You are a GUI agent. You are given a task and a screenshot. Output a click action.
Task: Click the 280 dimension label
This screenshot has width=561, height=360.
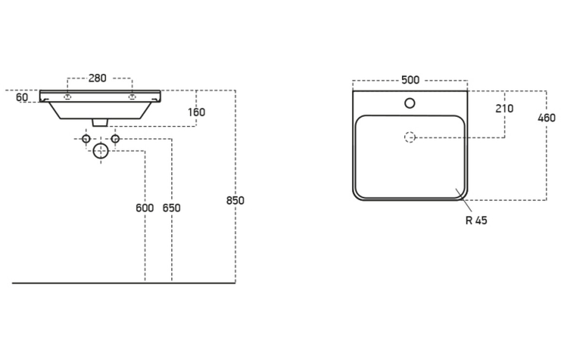tap(97, 78)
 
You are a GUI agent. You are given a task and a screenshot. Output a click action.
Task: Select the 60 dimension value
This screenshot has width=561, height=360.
tap(22, 97)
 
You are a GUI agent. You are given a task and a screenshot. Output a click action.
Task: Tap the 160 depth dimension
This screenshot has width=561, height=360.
tap(197, 112)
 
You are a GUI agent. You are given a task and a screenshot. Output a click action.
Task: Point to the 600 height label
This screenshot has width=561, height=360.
tap(145, 208)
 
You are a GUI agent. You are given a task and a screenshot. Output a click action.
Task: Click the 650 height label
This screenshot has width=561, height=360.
tap(171, 208)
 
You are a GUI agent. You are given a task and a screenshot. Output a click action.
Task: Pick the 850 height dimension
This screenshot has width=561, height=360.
tap(235, 200)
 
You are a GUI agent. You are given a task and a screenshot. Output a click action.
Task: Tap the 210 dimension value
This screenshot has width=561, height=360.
tap(504, 109)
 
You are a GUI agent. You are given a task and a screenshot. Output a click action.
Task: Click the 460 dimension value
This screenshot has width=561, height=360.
tap(546, 118)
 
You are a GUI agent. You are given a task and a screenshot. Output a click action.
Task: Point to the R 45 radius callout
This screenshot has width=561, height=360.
tap(476, 220)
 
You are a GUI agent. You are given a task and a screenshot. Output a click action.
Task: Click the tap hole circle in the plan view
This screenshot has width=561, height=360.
tap(410, 103)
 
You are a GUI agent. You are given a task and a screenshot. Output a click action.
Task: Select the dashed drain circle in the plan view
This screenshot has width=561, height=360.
tap(410, 137)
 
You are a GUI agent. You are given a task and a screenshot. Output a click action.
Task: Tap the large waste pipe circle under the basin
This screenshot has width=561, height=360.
tap(100, 151)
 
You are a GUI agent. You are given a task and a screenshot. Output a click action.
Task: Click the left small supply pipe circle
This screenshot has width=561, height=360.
tap(86, 139)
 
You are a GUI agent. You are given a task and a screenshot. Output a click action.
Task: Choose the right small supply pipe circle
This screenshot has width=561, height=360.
tap(115, 139)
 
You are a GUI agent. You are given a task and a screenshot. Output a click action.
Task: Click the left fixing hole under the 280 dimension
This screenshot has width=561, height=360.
tap(68, 97)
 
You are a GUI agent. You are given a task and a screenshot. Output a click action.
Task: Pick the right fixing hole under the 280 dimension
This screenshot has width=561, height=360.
tap(132, 97)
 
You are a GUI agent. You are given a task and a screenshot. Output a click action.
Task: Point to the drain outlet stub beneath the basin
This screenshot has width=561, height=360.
tap(100, 122)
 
